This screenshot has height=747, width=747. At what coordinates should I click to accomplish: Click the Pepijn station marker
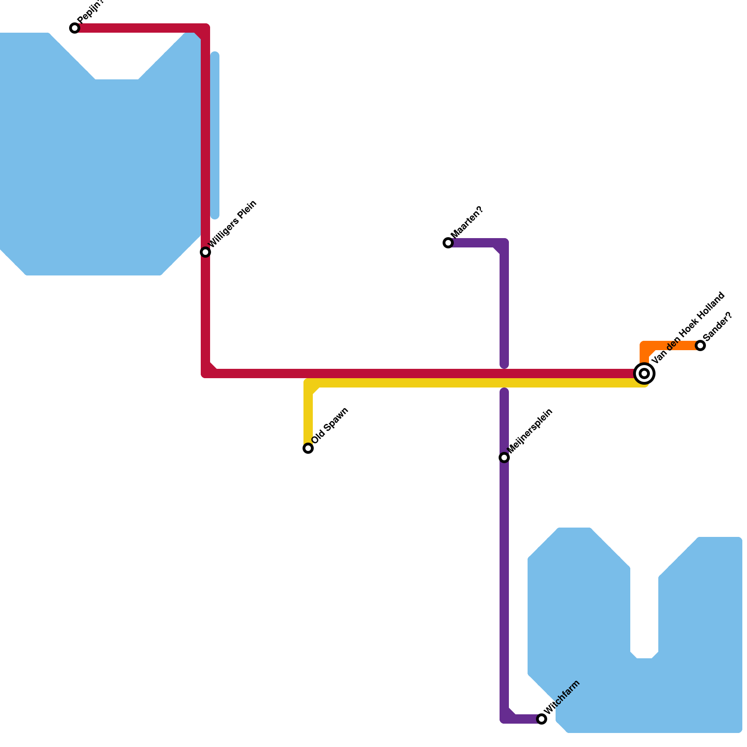click(x=75, y=28)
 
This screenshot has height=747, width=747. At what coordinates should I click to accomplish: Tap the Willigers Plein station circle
click(x=205, y=252)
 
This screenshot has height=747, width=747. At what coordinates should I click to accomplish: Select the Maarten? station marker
click(x=448, y=243)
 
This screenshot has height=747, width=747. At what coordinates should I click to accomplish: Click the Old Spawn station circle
click(x=308, y=448)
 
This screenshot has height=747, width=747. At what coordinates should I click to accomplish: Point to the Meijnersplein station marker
click(x=504, y=458)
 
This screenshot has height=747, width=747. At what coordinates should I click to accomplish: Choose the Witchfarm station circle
click(x=542, y=719)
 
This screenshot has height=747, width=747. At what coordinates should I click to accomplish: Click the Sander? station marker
click(x=700, y=345)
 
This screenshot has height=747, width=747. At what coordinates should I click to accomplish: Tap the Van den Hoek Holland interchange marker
click(x=644, y=373)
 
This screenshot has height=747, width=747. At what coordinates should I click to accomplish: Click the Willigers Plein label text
click(x=233, y=224)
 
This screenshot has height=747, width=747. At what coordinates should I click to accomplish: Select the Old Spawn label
click(x=330, y=425)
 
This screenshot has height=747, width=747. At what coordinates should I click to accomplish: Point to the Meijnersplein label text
click(x=530, y=430)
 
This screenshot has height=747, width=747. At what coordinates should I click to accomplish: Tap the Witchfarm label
click(x=562, y=697)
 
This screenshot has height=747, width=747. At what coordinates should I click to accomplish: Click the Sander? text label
click(x=718, y=326)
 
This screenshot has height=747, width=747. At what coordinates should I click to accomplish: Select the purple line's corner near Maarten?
click(x=503, y=244)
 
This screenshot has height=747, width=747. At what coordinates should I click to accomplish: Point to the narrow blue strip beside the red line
click(x=215, y=135)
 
